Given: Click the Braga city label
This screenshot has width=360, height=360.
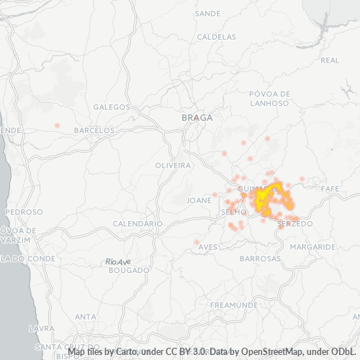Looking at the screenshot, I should point(197,117).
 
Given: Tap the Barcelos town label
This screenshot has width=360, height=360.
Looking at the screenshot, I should point(94,130).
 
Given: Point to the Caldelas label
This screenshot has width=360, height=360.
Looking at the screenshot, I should point(216,36).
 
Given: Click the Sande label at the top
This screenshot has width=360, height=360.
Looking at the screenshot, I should point(208,14).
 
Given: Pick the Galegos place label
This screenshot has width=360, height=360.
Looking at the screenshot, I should point(112,107).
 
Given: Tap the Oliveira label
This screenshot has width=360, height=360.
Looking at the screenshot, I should point(173,166).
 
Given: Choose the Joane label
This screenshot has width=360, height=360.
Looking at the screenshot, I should point(199,200).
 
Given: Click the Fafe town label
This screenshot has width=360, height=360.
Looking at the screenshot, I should point(330,188).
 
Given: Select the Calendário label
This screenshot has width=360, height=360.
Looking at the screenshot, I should point(138,224).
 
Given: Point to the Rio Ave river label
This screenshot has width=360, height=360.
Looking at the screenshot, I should point(117,262).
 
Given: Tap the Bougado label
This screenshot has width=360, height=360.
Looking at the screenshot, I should point(128,271).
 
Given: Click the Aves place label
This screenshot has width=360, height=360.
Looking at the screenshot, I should point(207,247).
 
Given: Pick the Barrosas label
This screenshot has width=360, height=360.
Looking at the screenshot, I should point(260,258).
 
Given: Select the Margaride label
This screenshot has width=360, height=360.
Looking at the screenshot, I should point(313,246).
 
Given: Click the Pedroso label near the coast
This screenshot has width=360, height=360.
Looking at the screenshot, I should point(24,212).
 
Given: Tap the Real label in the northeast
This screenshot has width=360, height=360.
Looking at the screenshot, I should point(330,60).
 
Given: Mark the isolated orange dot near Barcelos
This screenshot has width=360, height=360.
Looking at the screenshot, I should point(57,125).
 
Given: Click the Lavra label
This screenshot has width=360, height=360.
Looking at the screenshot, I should point(37,328).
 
